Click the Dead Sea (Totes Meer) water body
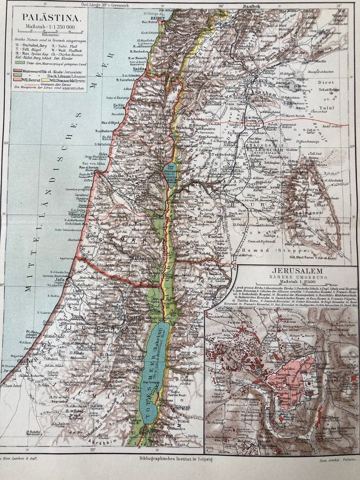coord(153,363)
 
